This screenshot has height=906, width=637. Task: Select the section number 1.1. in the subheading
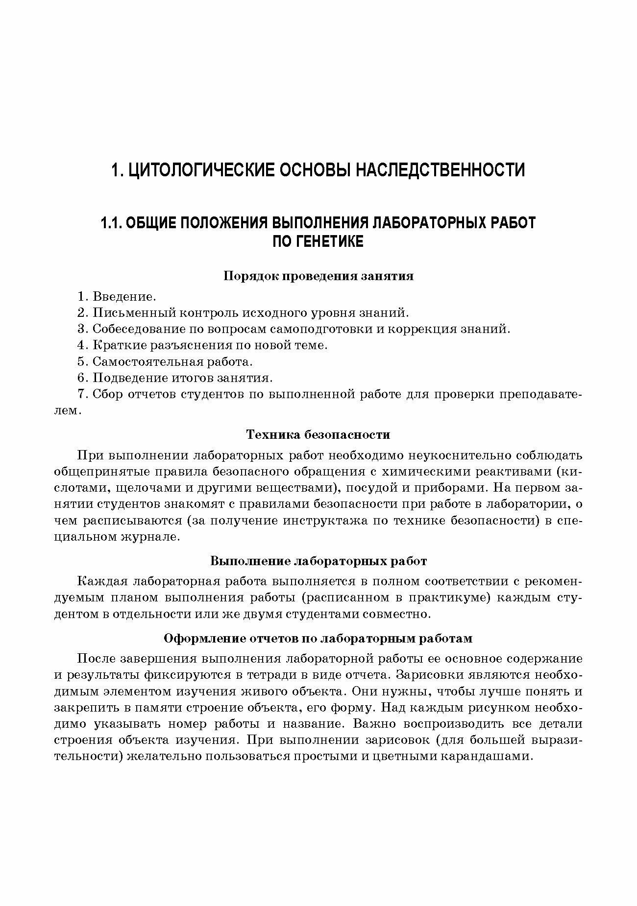tap(112, 223)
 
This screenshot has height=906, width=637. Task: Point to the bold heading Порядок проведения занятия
tap(318, 276)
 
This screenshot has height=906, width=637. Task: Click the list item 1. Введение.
tap(117, 296)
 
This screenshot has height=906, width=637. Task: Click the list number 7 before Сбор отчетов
tap(81, 395)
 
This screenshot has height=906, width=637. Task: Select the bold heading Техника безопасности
tap(318, 434)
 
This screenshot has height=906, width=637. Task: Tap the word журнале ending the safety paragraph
tap(149, 537)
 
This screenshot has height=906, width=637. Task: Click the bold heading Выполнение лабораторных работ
tap(318, 561)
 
